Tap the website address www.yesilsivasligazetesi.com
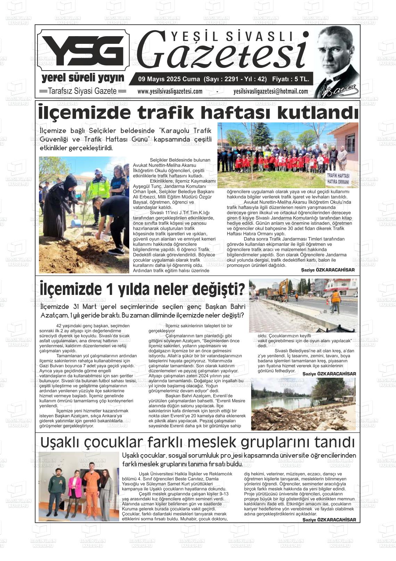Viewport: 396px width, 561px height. (170, 91)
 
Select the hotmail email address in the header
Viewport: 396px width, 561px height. (271, 91)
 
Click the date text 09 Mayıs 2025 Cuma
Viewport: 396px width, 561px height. (167, 79)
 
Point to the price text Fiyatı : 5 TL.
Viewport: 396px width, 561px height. (290, 79)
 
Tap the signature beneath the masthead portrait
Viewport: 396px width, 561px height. (339, 91)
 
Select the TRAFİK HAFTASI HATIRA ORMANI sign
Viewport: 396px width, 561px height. (338, 178)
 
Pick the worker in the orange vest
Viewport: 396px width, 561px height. (335, 301)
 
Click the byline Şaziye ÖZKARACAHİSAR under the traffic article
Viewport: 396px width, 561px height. (328, 270)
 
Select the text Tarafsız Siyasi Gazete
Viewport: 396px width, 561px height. (83, 91)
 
